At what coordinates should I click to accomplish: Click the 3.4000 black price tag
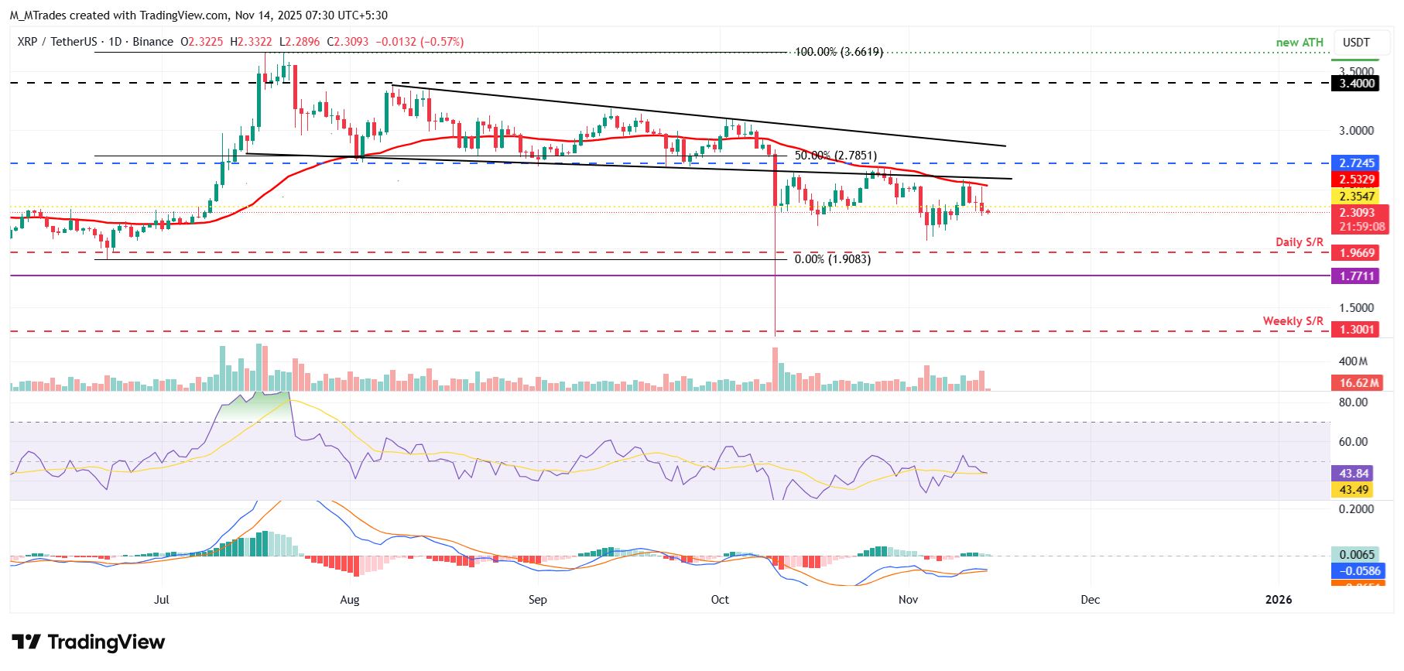1356,84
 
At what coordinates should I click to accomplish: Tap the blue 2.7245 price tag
1356,163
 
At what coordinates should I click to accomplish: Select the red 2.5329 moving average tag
1356,180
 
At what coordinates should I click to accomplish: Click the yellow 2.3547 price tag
1356,197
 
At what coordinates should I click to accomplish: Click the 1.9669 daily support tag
1356,253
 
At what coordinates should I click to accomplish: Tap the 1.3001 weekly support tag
1356,330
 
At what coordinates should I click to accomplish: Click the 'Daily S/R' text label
1299,242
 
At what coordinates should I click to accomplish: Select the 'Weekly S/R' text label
1293,321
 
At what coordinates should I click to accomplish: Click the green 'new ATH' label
1300,43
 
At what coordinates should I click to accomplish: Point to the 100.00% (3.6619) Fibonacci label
838,52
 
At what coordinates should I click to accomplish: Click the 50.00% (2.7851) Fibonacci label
835,156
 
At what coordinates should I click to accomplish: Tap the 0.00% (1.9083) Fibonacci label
832,259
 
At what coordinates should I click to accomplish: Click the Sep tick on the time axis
537,600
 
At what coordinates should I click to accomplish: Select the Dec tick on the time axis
1090,600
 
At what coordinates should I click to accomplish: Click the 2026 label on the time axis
1278,600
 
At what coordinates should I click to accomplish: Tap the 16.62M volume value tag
1359,383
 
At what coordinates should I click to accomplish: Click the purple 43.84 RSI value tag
1354,474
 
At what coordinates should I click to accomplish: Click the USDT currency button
1355,43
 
